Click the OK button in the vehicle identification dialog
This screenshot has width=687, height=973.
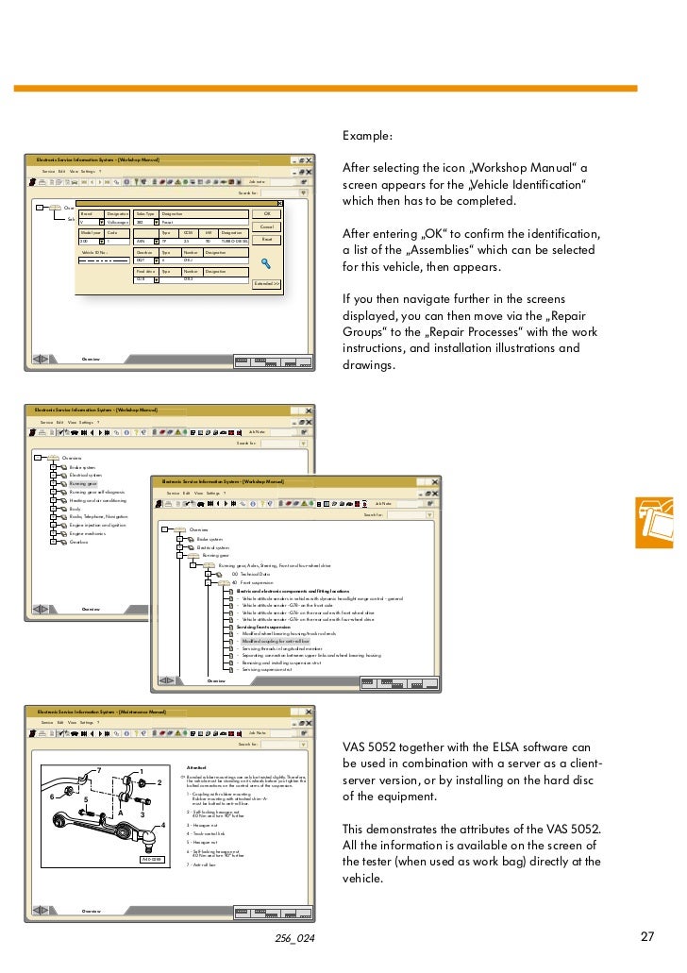coord(266,214)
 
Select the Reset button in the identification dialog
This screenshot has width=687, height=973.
coord(266,241)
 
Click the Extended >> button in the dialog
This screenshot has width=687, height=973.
coord(266,283)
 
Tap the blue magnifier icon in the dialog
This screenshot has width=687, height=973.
coord(266,264)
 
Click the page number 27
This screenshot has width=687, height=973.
coord(647,937)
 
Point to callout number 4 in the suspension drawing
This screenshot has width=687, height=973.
coord(163,826)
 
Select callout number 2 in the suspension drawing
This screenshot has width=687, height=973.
coord(159,783)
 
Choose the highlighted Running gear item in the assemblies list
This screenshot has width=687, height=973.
coord(83,483)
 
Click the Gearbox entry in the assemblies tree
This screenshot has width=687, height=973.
coord(79,542)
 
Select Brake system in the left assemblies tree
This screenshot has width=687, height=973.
coord(82,466)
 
